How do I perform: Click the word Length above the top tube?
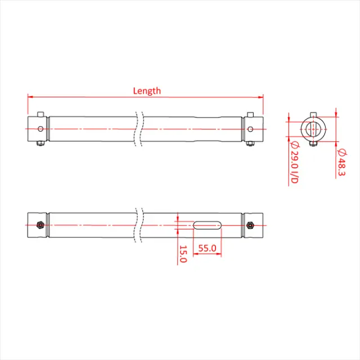147,91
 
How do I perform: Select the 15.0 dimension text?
182,254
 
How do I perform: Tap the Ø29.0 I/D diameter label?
293,164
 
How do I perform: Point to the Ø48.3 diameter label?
341,163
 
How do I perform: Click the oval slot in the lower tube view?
207,226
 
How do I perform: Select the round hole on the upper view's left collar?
40,128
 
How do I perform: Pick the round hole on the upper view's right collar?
250,128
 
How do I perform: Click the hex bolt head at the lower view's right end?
250,226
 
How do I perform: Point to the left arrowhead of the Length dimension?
30,96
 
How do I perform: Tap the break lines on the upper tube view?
139,128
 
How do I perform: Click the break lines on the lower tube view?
139,225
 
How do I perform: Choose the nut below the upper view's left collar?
40,143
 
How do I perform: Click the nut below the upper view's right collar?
250,143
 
